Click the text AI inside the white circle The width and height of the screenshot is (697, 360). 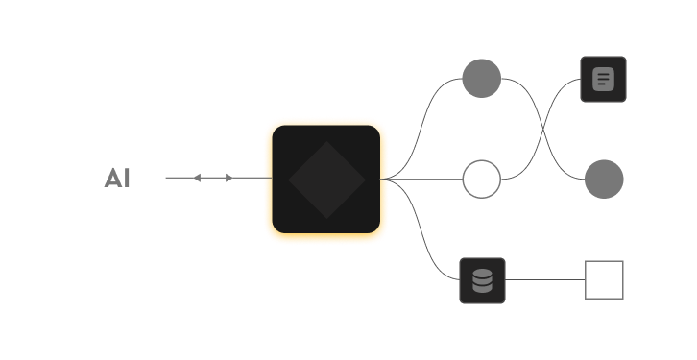[118, 179]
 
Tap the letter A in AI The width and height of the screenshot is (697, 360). [112, 179]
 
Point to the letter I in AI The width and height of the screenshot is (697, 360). [127, 179]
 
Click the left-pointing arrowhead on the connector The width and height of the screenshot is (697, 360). [197, 178]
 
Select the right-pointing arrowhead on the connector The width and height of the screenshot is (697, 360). [228, 178]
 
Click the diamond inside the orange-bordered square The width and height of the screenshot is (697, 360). [326, 180]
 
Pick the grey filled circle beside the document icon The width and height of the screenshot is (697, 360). [481, 79]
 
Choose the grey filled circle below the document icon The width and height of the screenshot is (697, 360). [604, 180]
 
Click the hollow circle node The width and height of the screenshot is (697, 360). [481, 180]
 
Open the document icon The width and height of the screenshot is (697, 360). [603, 79]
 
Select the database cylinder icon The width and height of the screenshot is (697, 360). [482, 280]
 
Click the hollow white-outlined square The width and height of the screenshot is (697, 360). [604, 280]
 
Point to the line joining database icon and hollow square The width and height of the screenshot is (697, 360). [545, 280]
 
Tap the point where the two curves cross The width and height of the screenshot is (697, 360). [543, 129]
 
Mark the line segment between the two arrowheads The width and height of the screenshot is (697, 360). [213, 178]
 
